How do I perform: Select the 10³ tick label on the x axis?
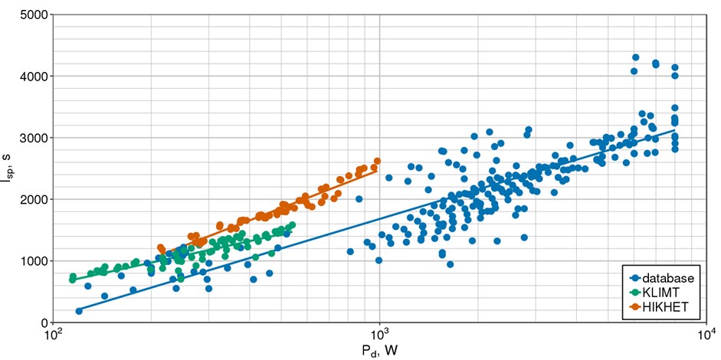pyautogui.click(x=380, y=336)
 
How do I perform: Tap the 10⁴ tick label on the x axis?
pyautogui.click(x=706, y=336)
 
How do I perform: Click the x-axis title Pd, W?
pyautogui.click(x=380, y=351)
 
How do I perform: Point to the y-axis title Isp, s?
pyautogui.click(x=9, y=169)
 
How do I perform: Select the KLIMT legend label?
pyautogui.click(x=660, y=292)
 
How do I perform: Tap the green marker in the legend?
pyautogui.click(x=635, y=292)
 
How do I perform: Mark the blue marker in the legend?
pyautogui.click(x=635, y=278)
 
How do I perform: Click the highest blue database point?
pyautogui.click(x=635, y=57)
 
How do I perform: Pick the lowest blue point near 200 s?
pyautogui.click(x=79, y=311)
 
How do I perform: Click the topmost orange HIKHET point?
pyautogui.click(x=377, y=162)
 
